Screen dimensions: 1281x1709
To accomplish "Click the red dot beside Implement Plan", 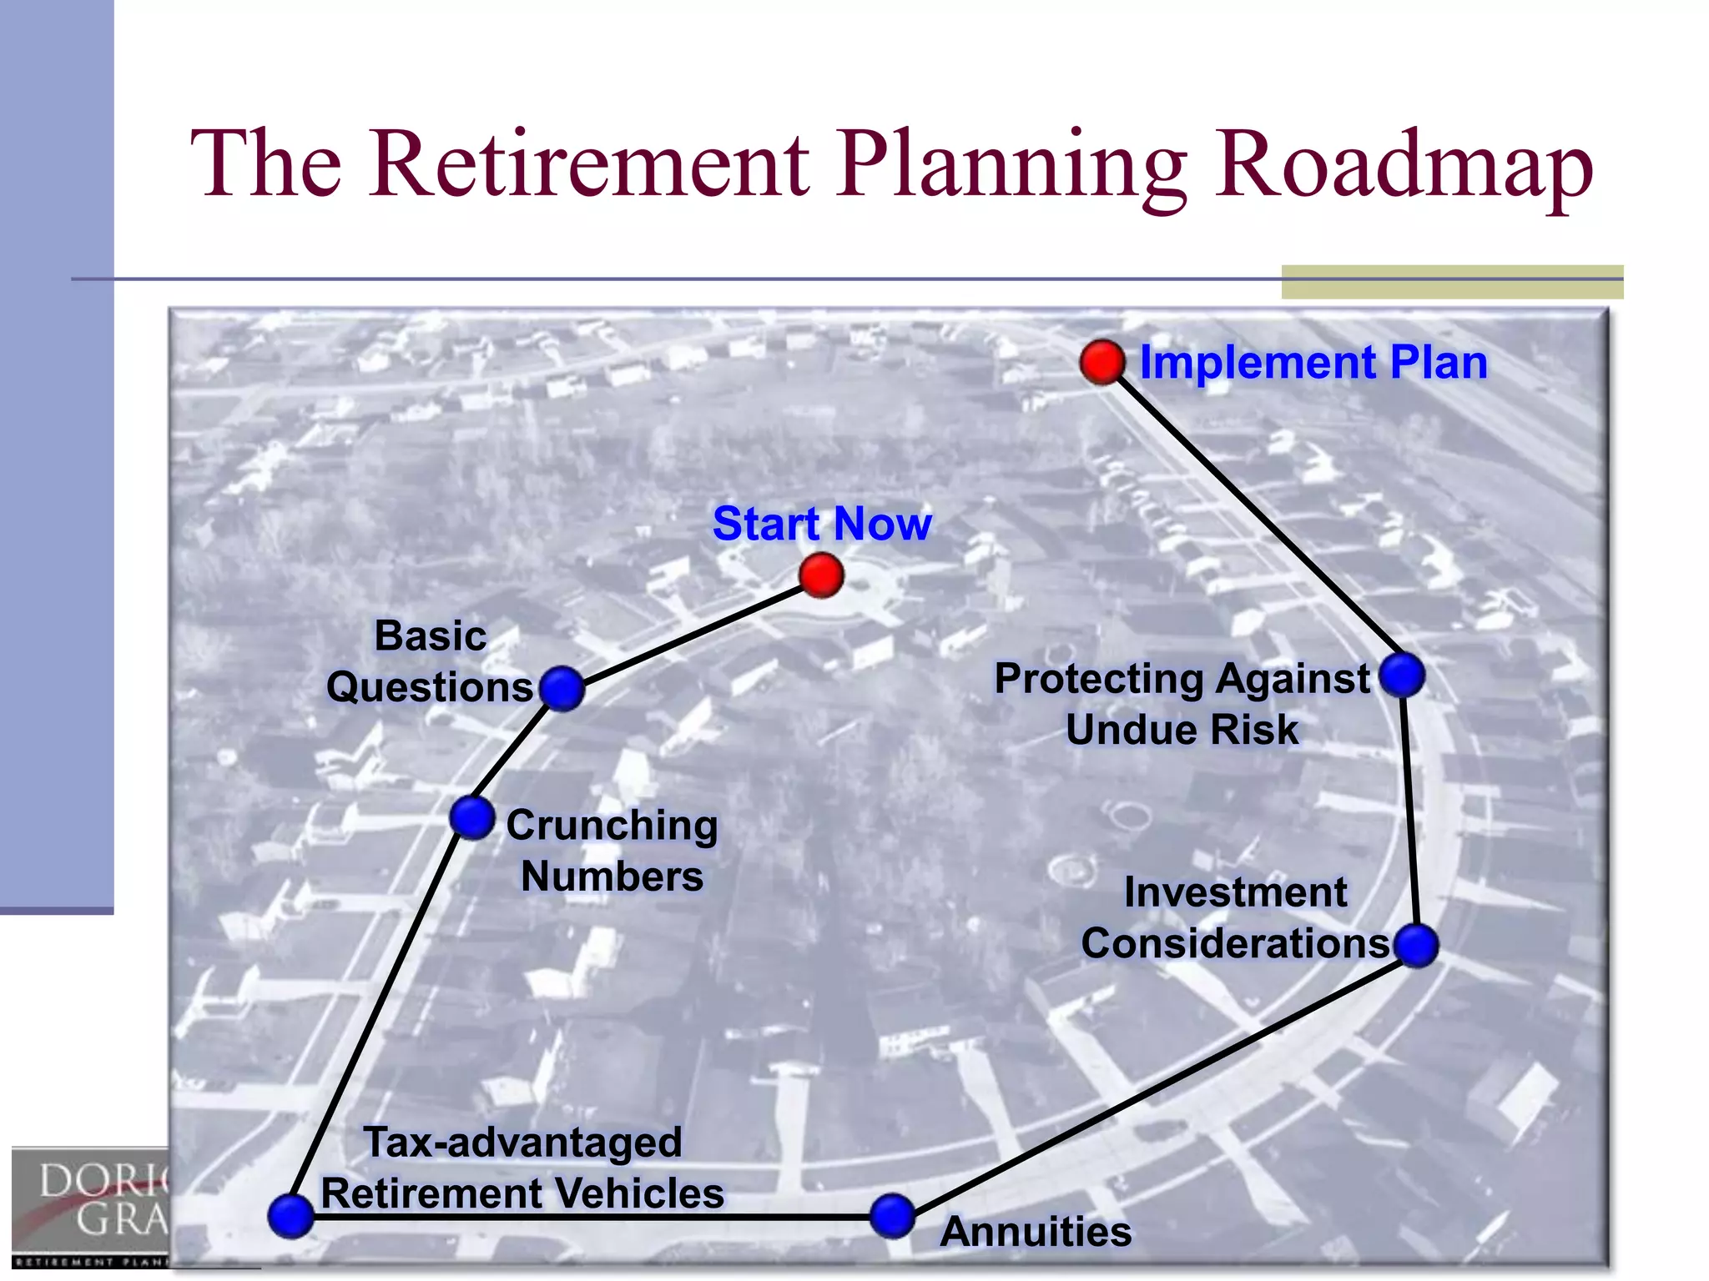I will point(1102,362).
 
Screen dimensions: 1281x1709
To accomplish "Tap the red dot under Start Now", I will point(821,575).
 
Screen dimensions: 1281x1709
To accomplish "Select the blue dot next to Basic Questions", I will point(562,689).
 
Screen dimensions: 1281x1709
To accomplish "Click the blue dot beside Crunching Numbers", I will point(472,817).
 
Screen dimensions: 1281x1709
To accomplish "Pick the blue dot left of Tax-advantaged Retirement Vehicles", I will point(290,1216).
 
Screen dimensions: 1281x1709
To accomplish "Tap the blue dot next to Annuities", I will point(892,1216).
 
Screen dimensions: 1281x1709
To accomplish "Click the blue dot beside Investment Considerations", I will point(1416,946).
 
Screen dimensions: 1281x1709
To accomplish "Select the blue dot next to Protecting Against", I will point(1402,675).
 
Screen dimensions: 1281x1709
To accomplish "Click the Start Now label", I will point(822,524).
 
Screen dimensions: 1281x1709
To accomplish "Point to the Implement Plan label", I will point(1313,363).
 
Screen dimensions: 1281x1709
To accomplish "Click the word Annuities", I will point(1036,1232).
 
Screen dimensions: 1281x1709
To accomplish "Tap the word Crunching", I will point(612,826).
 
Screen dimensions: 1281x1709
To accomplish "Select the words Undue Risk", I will point(1182,730).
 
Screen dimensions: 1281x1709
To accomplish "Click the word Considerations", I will point(1235,944).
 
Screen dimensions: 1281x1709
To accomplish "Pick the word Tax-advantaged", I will point(523,1143).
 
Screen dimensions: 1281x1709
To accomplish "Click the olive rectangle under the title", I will point(1452,282).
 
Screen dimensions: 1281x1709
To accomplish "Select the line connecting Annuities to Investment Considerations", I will point(1154,1081).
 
